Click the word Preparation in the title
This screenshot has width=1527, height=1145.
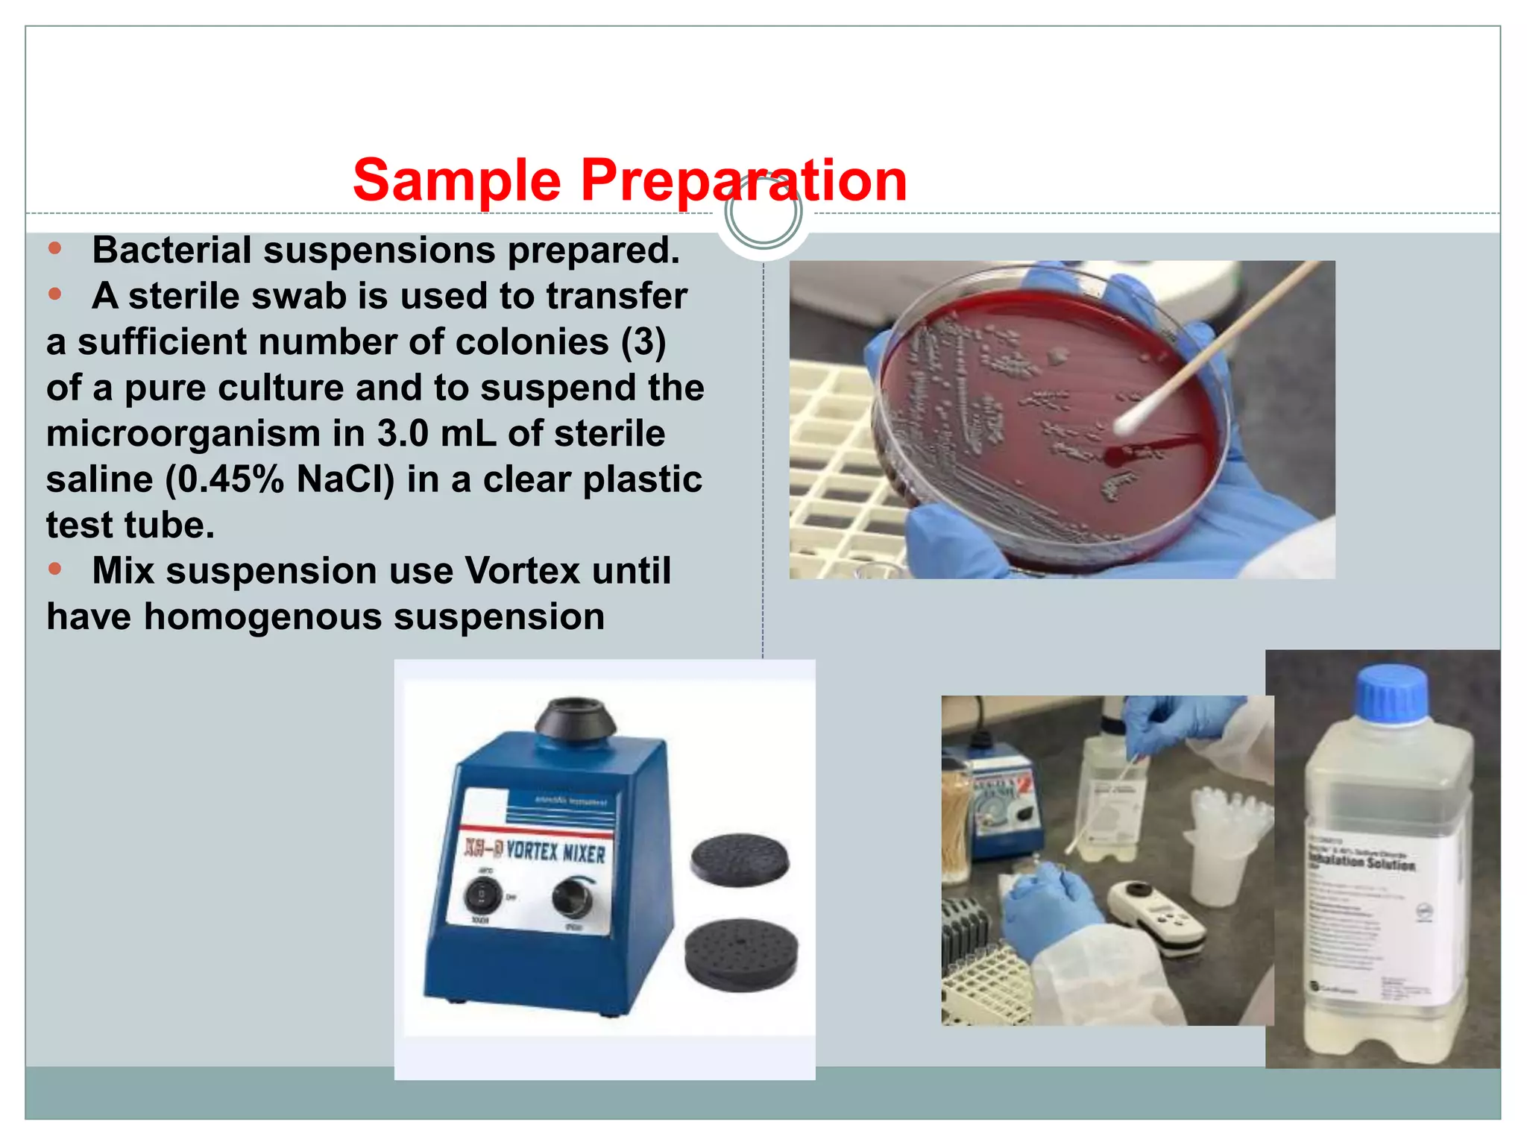743,180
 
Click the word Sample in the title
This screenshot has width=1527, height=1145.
456,180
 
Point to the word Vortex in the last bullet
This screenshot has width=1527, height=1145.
522,571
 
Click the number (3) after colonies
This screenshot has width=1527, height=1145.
643,342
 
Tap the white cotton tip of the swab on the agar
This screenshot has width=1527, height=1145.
1132,420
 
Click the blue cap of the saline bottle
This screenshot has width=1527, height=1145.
1391,695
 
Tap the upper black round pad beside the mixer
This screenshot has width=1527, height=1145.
739,859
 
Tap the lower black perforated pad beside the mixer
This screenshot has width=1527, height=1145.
741,953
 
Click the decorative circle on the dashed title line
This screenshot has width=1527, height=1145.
763,212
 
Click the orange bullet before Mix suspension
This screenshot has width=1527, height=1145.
54,570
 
